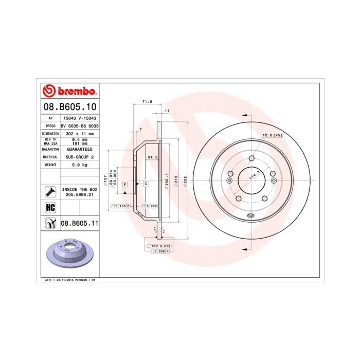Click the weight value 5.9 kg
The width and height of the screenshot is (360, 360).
coord(80,165)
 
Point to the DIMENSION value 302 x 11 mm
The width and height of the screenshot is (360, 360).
coord(80,133)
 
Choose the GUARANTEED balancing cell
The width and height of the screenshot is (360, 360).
coord(80,148)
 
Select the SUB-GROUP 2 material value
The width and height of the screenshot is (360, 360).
coord(80,156)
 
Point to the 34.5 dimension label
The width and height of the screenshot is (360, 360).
coord(152,156)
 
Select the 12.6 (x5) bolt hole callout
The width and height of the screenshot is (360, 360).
coord(273,135)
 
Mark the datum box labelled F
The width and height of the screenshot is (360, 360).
coord(125,183)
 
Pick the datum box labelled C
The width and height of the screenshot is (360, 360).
coord(146,183)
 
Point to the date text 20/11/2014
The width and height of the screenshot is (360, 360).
coord(66,280)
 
